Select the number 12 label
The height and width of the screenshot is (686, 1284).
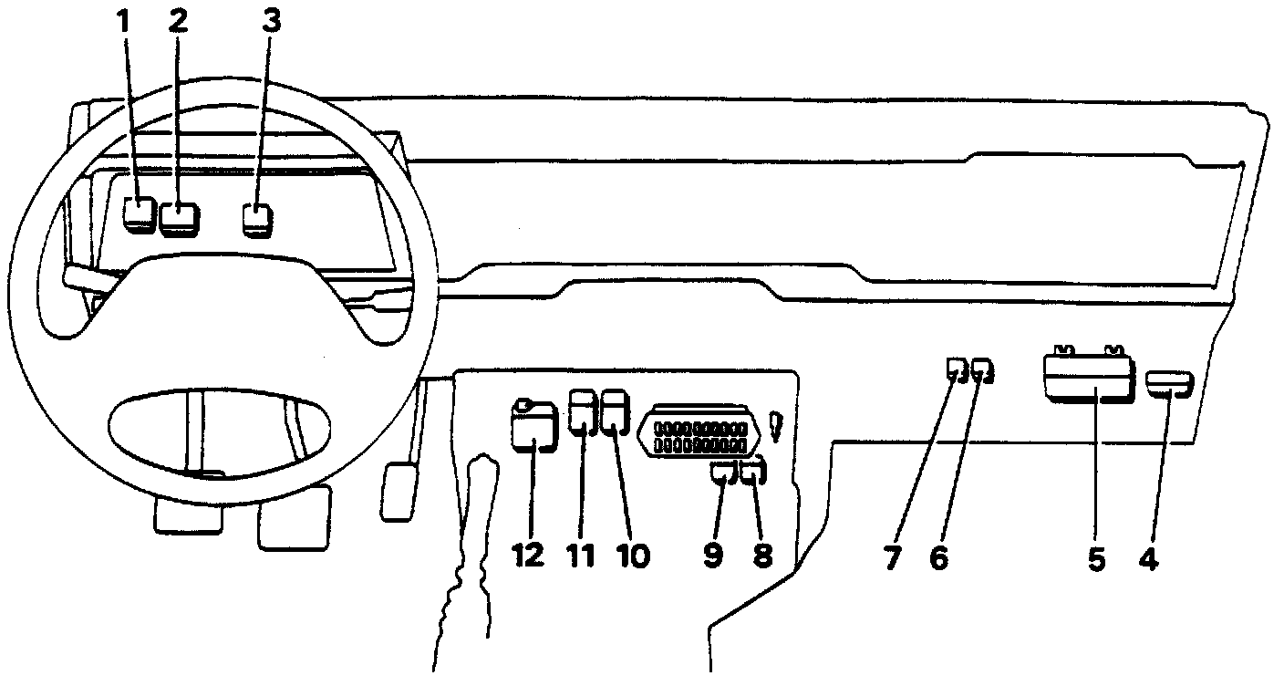[528, 555]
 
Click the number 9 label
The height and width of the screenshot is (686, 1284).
[713, 555]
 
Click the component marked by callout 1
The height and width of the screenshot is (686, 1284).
[140, 213]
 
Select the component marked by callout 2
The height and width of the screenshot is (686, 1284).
[180, 219]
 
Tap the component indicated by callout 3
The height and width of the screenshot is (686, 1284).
[257, 219]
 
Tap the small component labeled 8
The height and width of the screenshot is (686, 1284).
[754, 473]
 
